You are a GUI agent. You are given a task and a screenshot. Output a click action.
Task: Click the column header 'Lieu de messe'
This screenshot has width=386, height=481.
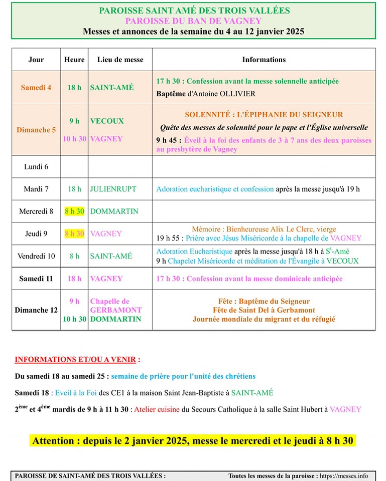[x=120, y=60]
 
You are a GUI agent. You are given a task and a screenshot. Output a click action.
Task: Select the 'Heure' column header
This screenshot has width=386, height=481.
[x=74, y=60]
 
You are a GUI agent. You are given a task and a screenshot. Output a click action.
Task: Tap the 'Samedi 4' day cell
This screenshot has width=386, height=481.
[x=36, y=87]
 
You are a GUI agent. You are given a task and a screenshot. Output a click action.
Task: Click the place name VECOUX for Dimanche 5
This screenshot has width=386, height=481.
[x=107, y=121]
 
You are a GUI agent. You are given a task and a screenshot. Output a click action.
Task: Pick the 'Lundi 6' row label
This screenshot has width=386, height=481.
[x=36, y=166]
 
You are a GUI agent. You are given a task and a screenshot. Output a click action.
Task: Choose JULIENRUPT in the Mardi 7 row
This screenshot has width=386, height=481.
[x=113, y=189]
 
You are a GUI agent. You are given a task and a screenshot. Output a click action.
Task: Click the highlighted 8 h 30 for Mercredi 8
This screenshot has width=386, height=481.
[x=74, y=211]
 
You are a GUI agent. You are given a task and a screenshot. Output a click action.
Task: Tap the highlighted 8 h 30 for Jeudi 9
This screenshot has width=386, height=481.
[x=74, y=233]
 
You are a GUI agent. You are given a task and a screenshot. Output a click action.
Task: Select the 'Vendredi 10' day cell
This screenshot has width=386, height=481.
[x=36, y=256]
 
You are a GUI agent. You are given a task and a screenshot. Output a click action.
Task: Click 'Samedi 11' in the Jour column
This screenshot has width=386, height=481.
[x=36, y=279]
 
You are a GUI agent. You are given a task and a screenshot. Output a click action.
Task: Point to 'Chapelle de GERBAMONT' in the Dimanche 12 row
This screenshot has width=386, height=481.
[x=115, y=306]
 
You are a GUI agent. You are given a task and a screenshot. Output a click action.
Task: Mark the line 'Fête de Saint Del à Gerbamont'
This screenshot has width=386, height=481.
[x=264, y=310]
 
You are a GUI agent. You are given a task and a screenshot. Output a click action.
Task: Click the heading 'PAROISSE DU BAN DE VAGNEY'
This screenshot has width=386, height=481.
[x=193, y=21]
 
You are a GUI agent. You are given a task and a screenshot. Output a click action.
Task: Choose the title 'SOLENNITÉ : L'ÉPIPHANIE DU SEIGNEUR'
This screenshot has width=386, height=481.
[x=264, y=115]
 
